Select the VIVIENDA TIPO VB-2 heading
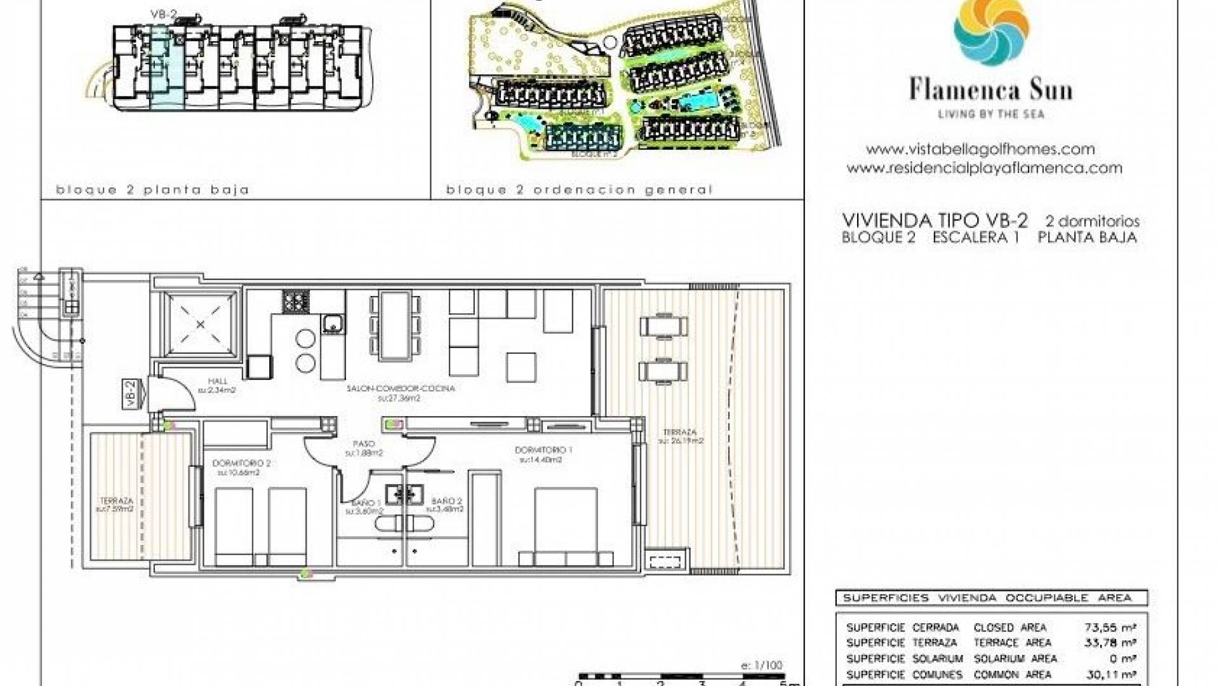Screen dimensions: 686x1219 tap(935, 220)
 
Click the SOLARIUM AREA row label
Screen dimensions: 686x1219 tap(1015, 659)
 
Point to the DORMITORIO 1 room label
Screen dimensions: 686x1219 tap(543, 450)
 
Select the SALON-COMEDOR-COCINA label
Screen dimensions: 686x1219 tap(401, 388)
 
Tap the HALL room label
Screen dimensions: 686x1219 tap(217, 381)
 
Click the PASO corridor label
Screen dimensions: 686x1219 tap(364, 444)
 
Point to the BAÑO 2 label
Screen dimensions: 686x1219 tap(446, 501)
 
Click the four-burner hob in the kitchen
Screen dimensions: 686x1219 tap(295, 301)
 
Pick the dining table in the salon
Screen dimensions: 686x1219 tap(394, 325)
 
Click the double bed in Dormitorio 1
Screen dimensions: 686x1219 tap(565, 524)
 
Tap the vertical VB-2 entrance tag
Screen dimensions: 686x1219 tap(131, 394)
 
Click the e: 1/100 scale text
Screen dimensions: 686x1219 tap(761, 665)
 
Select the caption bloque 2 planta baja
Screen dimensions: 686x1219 tap(152, 189)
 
